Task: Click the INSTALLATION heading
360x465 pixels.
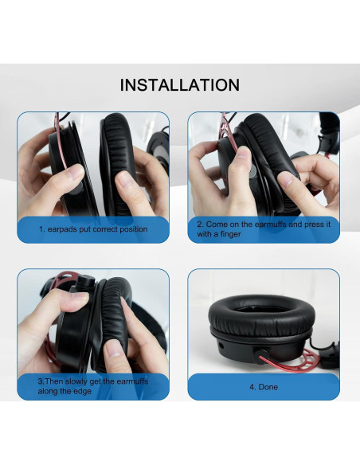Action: pos(179,84)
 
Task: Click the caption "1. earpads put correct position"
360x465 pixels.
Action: pos(94,229)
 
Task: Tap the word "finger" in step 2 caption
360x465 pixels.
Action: pos(230,234)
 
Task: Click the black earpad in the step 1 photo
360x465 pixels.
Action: pos(127,151)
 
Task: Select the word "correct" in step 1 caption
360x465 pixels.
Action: pos(104,229)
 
